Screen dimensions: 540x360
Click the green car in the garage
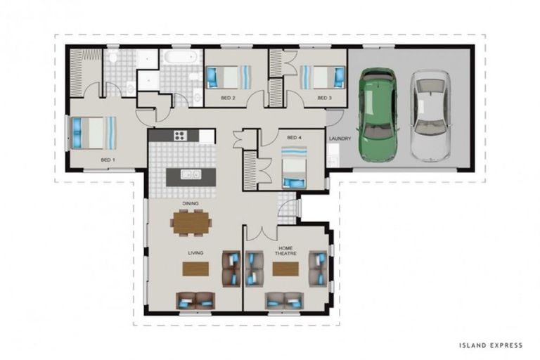pyautogui.click(x=378, y=115)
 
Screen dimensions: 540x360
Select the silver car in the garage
pyautogui.click(x=430, y=116)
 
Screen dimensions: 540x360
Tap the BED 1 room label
pyautogui.click(x=108, y=160)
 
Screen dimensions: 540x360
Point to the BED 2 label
pyautogui.click(x=228, y=98)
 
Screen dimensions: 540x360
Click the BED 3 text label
pyautogui.click(x=324, y=98)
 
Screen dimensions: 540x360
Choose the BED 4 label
pyautogui.click(x=294, y=137)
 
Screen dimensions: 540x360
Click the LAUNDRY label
pyautogui.click(x=340, y=139)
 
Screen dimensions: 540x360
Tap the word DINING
pyautogui.click(x=191, y=203)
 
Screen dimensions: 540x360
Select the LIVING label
pyautogui.click(x=195, y=253)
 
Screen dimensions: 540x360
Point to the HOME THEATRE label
pyautogui.click(x=285, y=250)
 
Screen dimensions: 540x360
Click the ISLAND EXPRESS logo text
pyautogui.click(x=491, y=345)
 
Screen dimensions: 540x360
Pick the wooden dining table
pyautogui.click(x=191, y=223)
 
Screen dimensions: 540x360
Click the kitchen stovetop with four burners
pyautogui.click(x=180, y=136)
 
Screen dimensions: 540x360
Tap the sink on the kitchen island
pyautogui.click(x=191, y=174)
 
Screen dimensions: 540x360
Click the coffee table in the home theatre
pyautogui.click(x=285, y=269)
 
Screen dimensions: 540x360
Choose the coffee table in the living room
pyautogui.click(x=195, y=269)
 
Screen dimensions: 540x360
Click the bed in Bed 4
pyautogui.click(x=294, y=167)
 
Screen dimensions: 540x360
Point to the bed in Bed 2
pyautogui.click(x=229, y=77)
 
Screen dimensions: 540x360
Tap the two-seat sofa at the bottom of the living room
pyautogui.click(x=195, y=301)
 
